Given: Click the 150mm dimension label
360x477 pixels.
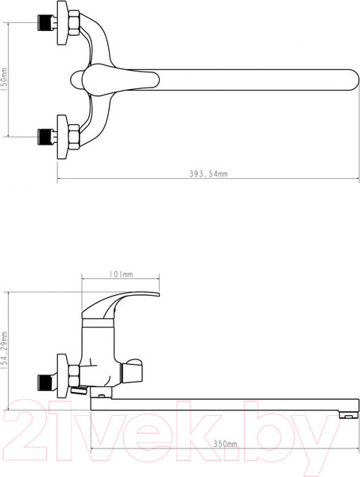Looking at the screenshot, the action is point(4,79).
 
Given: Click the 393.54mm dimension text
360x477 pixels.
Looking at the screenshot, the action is point(208,173).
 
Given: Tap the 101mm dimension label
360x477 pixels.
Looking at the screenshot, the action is point(121,274).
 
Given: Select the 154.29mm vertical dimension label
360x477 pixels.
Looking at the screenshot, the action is point(4,351).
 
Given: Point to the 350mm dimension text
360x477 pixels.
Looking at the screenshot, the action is point(225,444).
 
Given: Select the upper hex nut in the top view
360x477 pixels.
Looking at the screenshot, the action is point(74,23).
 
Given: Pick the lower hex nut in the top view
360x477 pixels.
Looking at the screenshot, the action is point(74,137).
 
